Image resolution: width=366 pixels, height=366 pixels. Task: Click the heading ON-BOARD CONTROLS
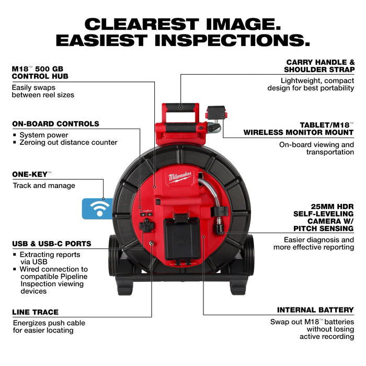tap(55, 124)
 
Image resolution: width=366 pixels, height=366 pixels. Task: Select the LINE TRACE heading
tap(35, 312)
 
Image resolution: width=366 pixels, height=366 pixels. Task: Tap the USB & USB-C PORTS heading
tap(51, 244)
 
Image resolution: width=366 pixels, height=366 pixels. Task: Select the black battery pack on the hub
tap(183, 238)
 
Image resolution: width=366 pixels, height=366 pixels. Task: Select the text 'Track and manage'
tap(44, 186)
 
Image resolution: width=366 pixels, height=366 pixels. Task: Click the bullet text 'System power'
tap(44, 135)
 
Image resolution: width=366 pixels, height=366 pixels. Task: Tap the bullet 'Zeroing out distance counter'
tap(68, 142)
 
